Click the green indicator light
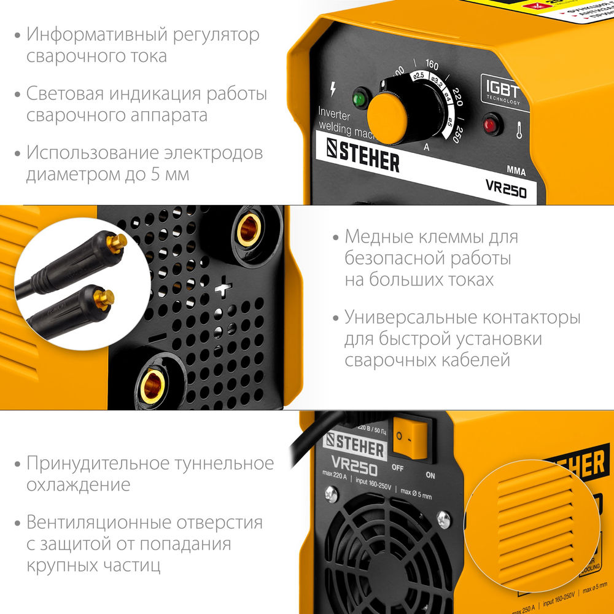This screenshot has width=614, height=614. [359, 98]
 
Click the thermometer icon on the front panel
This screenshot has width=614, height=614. [519, 130]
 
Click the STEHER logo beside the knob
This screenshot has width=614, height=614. [362, 159]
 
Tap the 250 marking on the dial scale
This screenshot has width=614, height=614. [456, 135]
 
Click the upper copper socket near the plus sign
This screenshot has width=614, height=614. [249, 229]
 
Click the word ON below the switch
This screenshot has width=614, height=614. [430, 475]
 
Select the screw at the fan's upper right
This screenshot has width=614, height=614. [443, 520]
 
